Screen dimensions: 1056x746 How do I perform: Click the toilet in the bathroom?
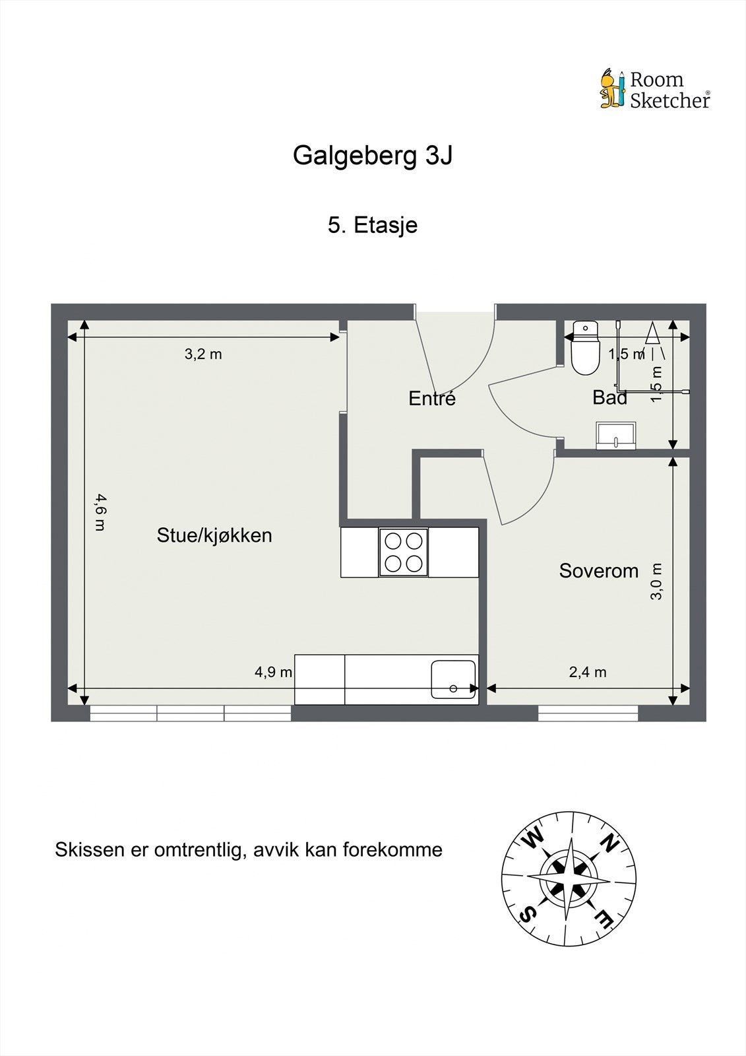tap(584, 348)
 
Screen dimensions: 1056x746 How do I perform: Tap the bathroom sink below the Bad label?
tap(616, 436)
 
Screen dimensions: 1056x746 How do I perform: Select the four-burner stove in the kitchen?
tap(403, 552)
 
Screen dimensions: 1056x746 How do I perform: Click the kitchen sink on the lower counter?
tap(453, 679)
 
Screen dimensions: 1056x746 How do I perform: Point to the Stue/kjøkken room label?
tap(214, 535)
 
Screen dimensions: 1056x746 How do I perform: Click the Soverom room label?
tap(598, 571)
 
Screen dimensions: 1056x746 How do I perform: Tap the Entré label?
tap(432, 399)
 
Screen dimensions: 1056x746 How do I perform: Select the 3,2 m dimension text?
tap(203, 354)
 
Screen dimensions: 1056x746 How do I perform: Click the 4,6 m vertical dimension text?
tap(100, 512)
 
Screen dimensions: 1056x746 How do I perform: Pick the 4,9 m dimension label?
tap(273, 673)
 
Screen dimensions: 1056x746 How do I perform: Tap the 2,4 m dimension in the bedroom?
tap(587, 673)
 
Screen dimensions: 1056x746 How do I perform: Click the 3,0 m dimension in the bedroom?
tap(656, 581)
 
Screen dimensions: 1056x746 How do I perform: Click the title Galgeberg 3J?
tap(373, 156)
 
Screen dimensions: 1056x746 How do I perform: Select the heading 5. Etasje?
tap(373, 225)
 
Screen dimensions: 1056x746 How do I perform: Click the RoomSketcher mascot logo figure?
tap(611, 88)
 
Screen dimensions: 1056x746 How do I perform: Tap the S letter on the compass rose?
tap(527, 914)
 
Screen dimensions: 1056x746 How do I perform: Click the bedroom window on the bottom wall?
tap(588, 713)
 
